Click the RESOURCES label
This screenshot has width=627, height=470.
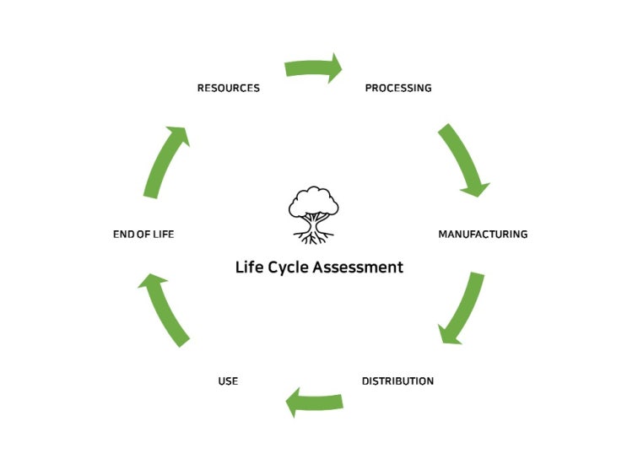228,88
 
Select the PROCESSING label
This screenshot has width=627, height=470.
397,88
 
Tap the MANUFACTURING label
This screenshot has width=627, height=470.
482,234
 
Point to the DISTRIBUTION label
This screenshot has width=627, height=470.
397,381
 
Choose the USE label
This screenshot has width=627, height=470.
228,381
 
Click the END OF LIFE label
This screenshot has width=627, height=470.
143,234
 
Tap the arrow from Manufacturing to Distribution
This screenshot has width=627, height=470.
463,308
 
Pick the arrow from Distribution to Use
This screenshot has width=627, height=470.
314,401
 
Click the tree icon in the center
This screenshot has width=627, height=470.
313,216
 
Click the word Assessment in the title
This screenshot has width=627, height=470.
358,267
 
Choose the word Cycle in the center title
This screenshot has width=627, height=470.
288,267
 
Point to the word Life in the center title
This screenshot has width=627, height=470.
248,267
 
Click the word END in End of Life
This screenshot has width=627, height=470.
123,234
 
